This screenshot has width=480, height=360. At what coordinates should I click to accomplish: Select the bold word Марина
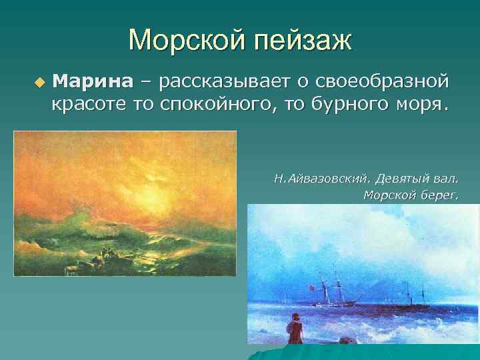coord(93,82)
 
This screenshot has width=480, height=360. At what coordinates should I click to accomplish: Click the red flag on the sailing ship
coord(311,287)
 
